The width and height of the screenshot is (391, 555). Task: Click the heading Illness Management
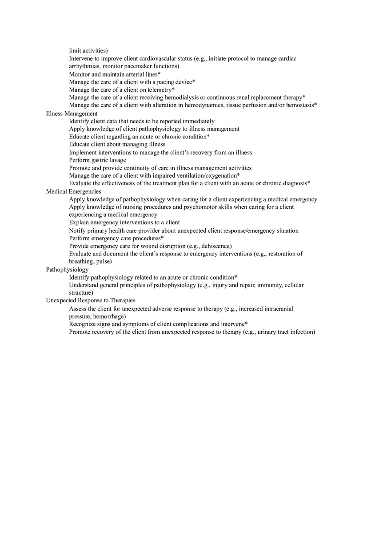click(72, 113)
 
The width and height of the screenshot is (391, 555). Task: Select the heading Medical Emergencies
click(73, 191)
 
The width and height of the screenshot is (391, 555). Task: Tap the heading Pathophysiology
click(67, 269)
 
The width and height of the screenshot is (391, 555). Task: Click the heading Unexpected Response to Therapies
click(91, 300)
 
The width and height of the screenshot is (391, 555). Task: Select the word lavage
click(118, 160)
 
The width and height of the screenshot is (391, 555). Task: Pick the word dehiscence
click(215, 246)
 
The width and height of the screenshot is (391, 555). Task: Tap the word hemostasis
click(300, 105)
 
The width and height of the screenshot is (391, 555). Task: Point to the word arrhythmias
click(85, 66)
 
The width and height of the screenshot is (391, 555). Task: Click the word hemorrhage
click(108, 316)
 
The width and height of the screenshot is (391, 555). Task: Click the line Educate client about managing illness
click(117, 144)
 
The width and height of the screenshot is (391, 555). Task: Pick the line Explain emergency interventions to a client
click(124, 223)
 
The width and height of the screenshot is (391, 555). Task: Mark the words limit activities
click(88, 51)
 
